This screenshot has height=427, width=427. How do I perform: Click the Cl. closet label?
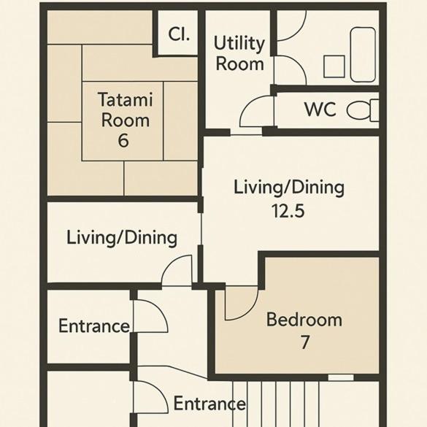click(179, 34)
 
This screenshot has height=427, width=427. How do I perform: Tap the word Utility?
click(239, 44)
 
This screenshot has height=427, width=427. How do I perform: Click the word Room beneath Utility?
click(239, 64)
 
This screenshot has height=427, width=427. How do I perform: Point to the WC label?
click(320, 109)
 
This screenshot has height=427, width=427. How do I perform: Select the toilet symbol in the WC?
click(363, 110)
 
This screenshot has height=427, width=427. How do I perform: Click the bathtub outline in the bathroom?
click(363, 55)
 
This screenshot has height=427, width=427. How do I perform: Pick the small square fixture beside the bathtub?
click(334, 66)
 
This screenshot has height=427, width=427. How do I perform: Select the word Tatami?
click(126, 99)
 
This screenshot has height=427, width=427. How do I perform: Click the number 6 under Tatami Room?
click(123, 141)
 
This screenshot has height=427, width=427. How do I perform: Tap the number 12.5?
click(288, 210)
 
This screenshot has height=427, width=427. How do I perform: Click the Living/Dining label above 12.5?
click(289, 188)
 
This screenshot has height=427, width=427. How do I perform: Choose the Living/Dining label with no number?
click(122, 238)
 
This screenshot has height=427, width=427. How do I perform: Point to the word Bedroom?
click(304, 320)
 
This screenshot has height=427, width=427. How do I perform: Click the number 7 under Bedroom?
click(305, 342)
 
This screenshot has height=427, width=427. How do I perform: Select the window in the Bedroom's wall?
click(341, 377)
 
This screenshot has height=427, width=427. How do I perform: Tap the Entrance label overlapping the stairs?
click(209, 404)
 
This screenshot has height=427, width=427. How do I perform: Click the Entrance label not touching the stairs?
click(94, 326)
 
